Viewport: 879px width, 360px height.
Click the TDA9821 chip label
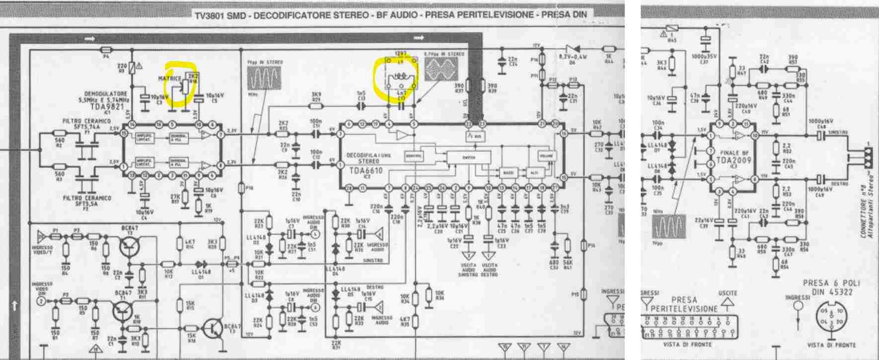coord(106,107)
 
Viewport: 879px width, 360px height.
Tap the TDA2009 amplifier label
coord(733,160)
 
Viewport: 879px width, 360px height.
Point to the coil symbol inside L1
coord(400,77)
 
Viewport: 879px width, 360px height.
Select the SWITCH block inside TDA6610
coord(468,157)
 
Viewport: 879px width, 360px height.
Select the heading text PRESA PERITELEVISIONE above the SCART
coord(684,304)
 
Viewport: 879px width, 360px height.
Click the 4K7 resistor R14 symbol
coord(179,244)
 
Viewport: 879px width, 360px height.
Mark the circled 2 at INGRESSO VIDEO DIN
coord(42,301)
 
